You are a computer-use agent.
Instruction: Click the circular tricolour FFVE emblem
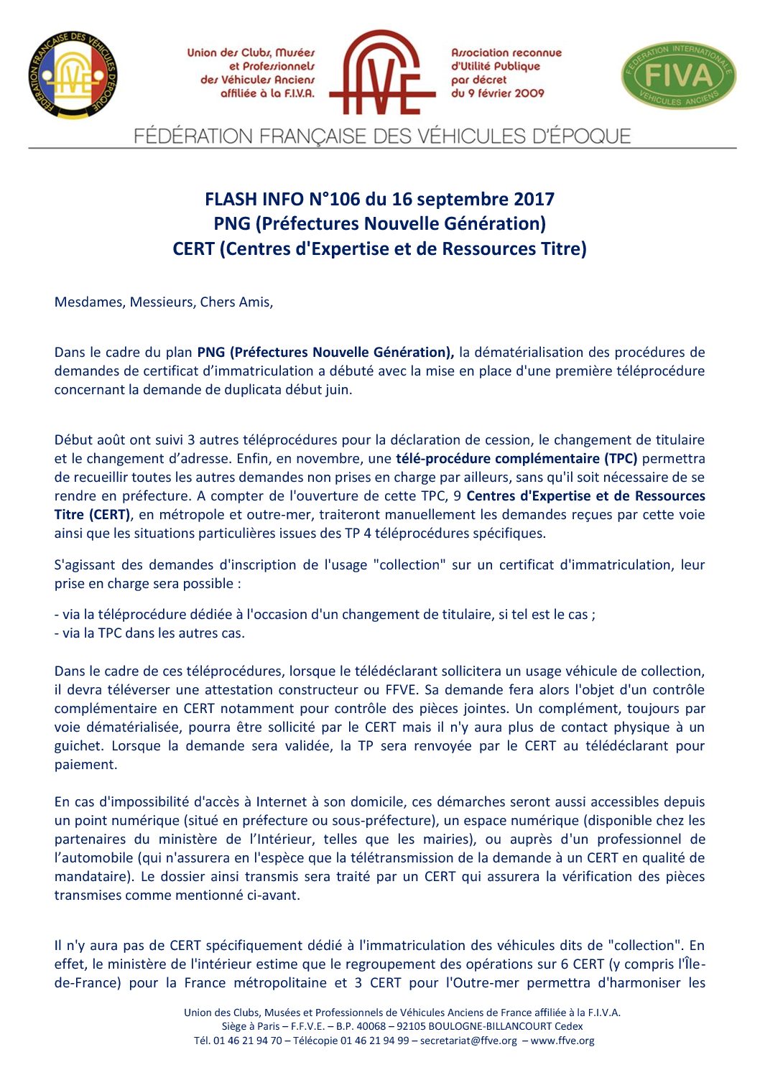(x=73, y=75)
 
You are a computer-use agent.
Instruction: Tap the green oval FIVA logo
(x=678, y=75)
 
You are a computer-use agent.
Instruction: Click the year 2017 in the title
(x=534, y=199)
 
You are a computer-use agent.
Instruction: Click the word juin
(x=338, y=390)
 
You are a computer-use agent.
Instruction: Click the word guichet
(x=78, y=745)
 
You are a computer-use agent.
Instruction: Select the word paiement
(x=85, y=764)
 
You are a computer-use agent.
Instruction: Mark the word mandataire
(x=95, y=876)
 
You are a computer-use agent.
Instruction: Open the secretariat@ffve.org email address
(x=468, y=1040)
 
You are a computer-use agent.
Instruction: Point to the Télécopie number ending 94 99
(x=374, y=1040)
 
